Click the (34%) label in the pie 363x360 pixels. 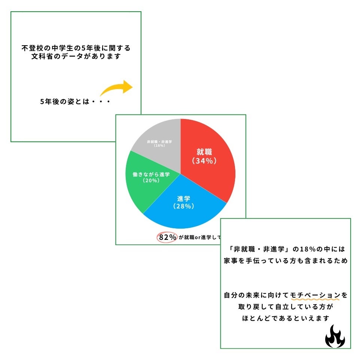(204, 161)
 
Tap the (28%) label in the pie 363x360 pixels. (183, 206)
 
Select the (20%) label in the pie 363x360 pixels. (151, 180)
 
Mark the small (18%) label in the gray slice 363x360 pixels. (159, 145)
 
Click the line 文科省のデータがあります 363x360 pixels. (76, 57)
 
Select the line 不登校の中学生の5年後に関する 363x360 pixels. (76, 49)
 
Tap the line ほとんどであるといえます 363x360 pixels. (286, 318)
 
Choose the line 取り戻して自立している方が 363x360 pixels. (286, 307)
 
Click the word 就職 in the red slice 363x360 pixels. (204, 152)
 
